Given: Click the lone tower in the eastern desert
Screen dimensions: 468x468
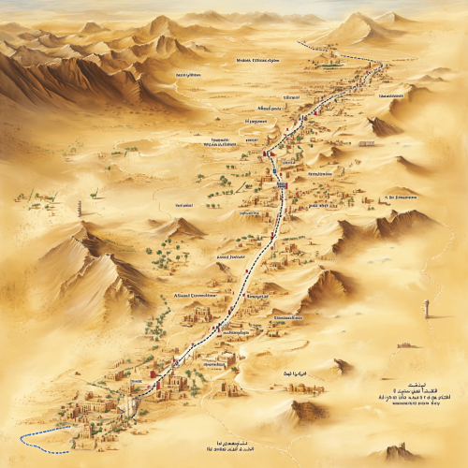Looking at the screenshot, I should [427, 309].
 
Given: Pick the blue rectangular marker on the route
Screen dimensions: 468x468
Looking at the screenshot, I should [281, 185].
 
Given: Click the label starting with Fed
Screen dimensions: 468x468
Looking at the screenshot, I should [184, 203].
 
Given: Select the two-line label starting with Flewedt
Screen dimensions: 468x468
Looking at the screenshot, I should [216, 142].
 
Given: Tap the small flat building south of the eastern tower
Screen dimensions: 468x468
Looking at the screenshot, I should [409, 344].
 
